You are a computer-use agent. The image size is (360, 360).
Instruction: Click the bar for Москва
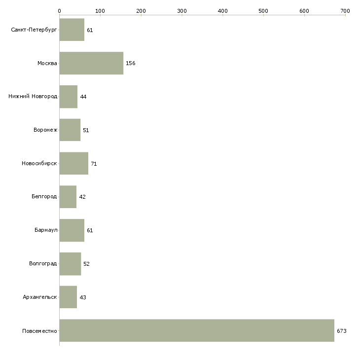pyautogui.click(x=91, y=63)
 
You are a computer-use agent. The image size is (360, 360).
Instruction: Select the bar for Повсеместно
pyautogui.click(x=197, y=330)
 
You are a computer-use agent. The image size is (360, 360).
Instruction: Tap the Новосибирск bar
pyautogui.click(x=74, y=163)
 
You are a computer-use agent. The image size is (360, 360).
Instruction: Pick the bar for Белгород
pyautogui.click(x=68, y=197)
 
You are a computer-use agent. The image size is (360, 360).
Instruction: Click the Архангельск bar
pyautogui.click(x=68, y=297)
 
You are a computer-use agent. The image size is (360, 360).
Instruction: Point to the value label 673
pyautogui.click(x=342, y=331)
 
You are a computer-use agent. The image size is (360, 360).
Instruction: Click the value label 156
pyautogui.click(x=131, y=64)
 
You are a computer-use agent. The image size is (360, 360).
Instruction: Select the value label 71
pyautogui.click(x=94, y=164)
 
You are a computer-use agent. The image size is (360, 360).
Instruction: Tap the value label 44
pyautogui.click(x=83, y=97)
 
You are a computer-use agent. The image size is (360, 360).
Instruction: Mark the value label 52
pyautogui.click(x=86, y=264)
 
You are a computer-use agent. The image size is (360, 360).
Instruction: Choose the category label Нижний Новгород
pyautogui.click(x=33, y=97)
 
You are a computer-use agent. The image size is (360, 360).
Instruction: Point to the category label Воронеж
pyautogui.click(x=45, y=130)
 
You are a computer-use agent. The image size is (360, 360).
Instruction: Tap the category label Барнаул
pyautogui.click(x=46, y=230)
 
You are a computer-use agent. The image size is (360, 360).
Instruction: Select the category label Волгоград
pyautogui.click(x=43, y=264)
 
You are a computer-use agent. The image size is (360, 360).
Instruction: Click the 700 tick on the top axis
pyautogui.click(x=345, y=10)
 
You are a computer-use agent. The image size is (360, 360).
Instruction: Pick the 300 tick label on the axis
pyautogui.click(x=182, y=10)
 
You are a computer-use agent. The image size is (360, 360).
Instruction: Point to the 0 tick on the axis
pyautogui.click(x=59, y=10)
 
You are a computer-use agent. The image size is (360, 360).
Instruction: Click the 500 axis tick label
pyautogui.click(x=264, y=10)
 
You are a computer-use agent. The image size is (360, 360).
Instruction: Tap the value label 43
pyautogui.click(x=83, y=297)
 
